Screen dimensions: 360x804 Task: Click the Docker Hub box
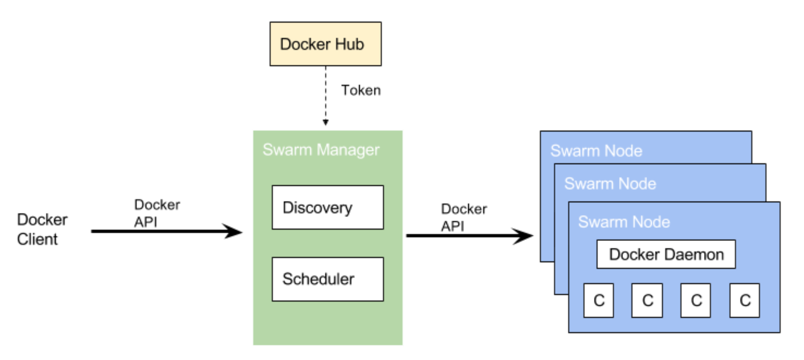point(325,44)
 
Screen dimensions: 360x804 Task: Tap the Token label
point(361,90)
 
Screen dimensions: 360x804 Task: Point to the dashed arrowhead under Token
point(325,122)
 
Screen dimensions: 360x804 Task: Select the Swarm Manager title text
point(321,150)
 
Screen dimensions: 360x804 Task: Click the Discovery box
point(327,207)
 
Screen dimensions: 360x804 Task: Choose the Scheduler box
point(327,279)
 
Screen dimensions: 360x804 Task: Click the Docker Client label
point(42,229)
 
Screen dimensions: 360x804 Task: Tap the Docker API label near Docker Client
point(157,213)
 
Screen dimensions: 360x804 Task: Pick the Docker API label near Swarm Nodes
point(463,217)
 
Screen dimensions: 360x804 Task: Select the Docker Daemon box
point(666,254)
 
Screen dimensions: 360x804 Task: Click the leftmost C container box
point(599,300)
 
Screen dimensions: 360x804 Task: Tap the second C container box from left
point(647,300)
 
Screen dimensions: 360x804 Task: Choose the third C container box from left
point(696,300)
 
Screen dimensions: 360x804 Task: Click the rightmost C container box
point(745,300)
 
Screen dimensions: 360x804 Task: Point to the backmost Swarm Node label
point(596,151)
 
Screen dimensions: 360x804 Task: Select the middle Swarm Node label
point(610,184)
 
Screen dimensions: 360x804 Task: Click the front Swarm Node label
point(624,222)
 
